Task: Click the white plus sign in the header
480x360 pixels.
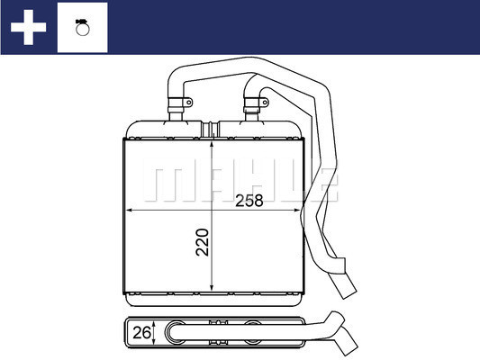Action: click(28, 27)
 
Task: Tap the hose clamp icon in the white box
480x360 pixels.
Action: click(82, 27)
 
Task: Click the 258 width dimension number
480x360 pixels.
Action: click(248, 201)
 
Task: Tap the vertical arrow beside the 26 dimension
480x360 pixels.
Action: click(155, 332)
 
